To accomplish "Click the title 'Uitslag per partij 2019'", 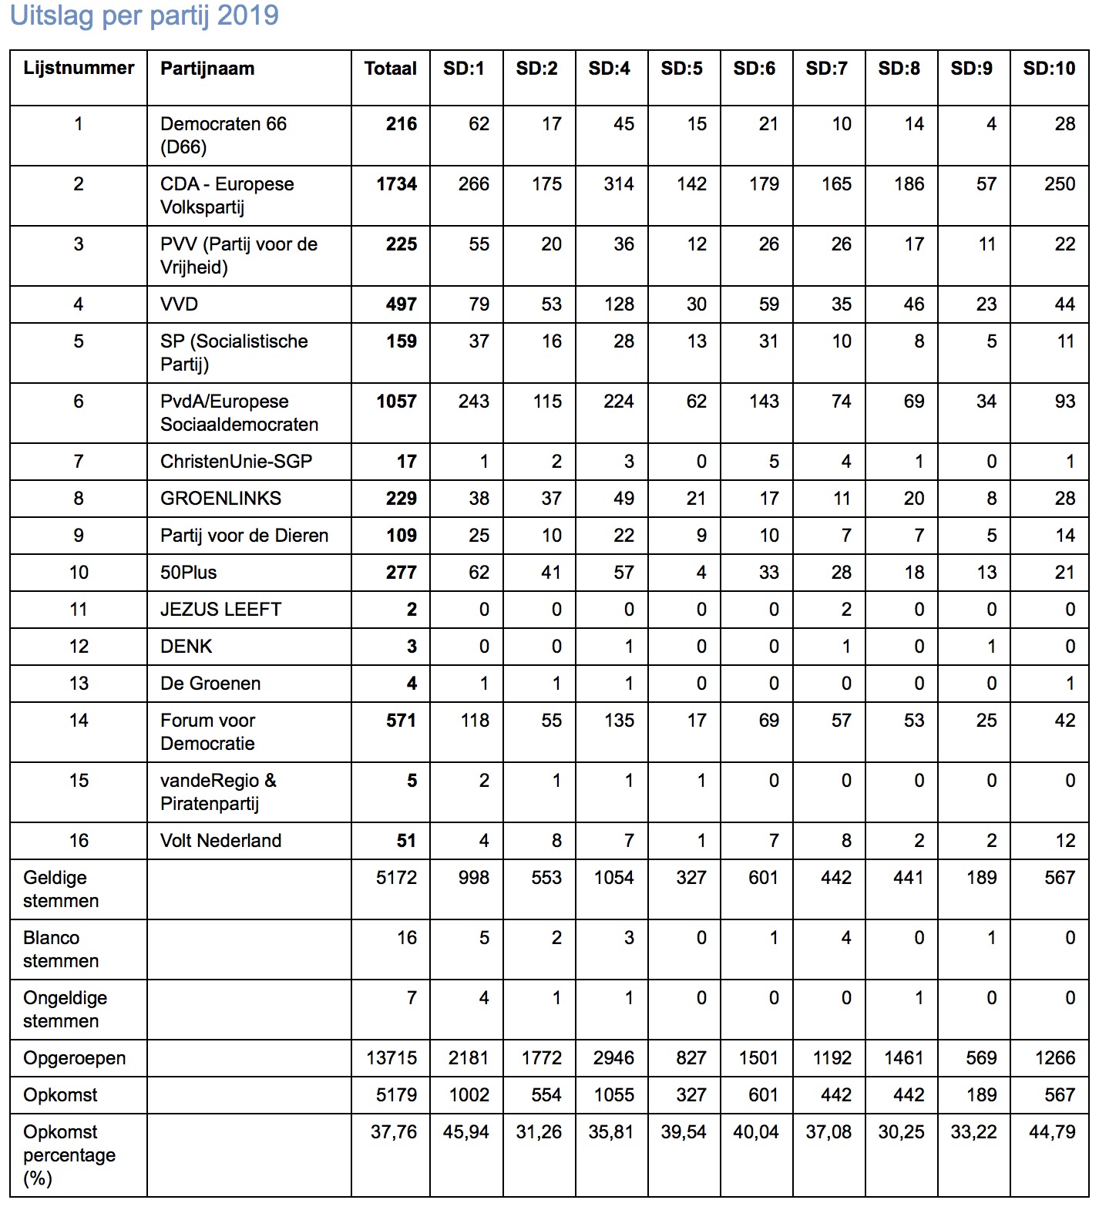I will [x=144, y=15].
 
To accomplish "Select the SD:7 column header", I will [x=826, y=69].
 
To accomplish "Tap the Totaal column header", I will [x=390, y=69].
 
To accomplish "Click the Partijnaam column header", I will [x=207, y=69].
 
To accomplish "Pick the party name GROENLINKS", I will [x=220, y=499].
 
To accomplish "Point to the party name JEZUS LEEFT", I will [x=220, y=610].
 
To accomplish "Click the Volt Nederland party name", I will [x=220, y=841].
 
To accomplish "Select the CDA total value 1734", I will [x=396, y=184].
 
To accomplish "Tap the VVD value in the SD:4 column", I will [x=619, y=304].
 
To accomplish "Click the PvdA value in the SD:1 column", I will [x=473, y=402].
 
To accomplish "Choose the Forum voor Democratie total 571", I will [x=401, y=721].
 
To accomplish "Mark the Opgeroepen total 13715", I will [x=392, y=1058].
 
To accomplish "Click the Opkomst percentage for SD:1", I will [x=465, y=1132].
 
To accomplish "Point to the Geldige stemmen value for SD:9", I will [x=981, y=878].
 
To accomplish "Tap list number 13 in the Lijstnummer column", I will [x=79, y=684].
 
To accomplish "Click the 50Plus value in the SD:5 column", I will [x=701, y=573].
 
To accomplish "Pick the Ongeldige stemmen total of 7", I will [x=412, y=998].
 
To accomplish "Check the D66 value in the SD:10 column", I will [x=1064, y=124].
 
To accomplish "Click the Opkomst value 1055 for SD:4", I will [x=613, y=1095].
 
